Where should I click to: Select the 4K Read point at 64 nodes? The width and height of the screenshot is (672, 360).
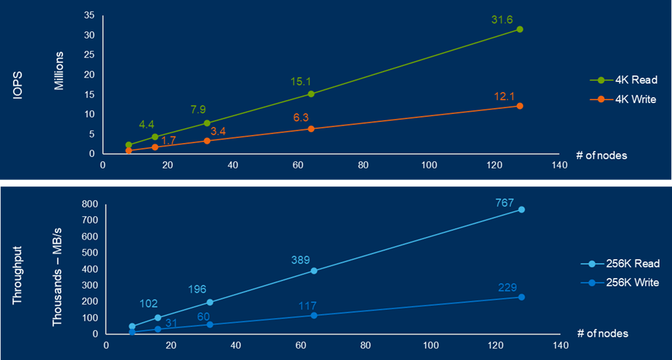(x=311, y=94)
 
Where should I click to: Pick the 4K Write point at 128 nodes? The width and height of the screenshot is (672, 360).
(x=520, y=106)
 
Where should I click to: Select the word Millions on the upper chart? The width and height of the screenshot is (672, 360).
(x=60, y=70)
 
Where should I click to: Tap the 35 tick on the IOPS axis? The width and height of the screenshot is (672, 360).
(x=89, y=15)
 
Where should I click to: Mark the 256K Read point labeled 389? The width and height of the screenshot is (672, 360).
(x=314, y=271)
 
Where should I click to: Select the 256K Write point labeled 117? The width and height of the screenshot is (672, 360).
(x=314, y=315)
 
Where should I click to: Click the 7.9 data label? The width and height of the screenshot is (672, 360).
(x=198, y=110)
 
